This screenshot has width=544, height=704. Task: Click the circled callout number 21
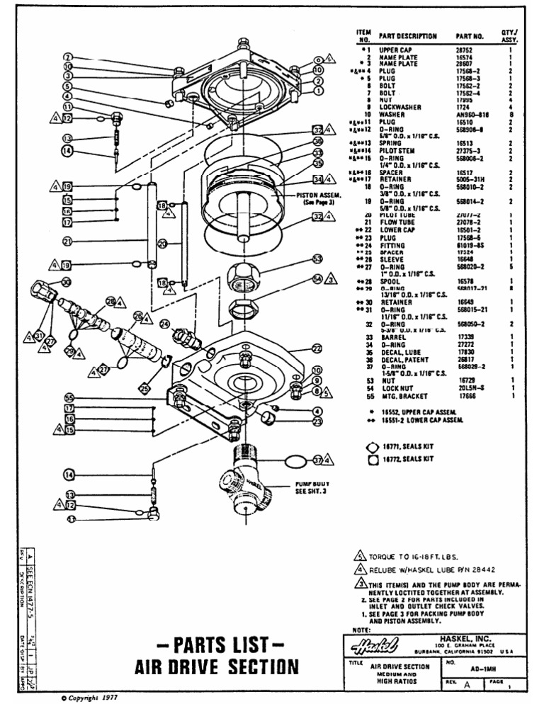coord(68,242)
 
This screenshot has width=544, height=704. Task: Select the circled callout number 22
coord(317,348)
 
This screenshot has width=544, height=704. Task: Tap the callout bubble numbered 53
coord(317,260)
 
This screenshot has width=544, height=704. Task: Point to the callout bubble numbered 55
coord(69,398)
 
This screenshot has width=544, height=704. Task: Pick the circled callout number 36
coord(318,142)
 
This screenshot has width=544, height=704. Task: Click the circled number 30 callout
coord(66,282)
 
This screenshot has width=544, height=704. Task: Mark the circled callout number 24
coord(164,324)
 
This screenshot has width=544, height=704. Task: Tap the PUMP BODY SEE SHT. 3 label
coord(310,489)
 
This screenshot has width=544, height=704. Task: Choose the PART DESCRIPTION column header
coord(407,35)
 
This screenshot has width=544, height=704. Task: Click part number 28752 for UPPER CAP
coord(465,50)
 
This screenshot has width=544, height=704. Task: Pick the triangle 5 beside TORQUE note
coord(359,556)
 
